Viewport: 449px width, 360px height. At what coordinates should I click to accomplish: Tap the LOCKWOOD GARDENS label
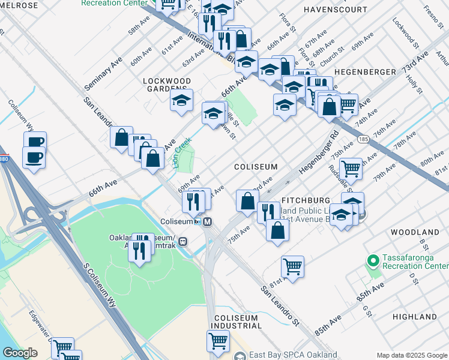167,85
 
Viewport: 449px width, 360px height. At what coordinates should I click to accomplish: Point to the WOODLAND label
415,232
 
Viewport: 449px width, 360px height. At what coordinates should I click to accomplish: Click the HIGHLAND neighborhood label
415,316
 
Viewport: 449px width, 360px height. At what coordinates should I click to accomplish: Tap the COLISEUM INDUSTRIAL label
238,322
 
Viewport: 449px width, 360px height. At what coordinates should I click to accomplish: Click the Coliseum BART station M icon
208,221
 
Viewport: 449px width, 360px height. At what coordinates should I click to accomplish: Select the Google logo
20,353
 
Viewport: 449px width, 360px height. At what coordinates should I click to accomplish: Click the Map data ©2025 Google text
411,355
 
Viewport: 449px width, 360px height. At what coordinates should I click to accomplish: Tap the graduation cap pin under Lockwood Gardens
181,101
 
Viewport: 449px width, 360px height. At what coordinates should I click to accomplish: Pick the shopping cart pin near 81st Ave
292,267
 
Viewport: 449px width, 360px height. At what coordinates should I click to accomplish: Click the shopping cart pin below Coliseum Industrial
218,341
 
